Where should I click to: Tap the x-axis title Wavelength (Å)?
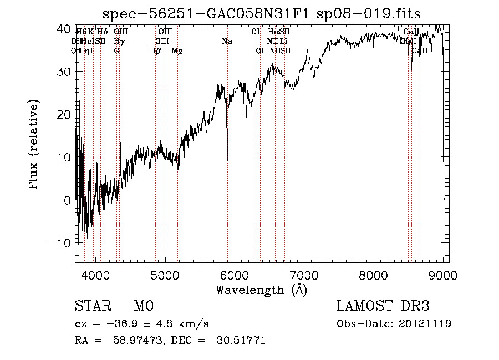[261, 289]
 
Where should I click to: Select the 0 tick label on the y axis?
[68, 200]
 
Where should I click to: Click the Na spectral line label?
[226, 41]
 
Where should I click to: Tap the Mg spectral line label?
[177, 50]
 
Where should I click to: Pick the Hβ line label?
[155, 50]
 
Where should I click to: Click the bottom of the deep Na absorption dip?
[227, 160]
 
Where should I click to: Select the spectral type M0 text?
[143, 306]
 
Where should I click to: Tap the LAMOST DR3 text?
[383, 306]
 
